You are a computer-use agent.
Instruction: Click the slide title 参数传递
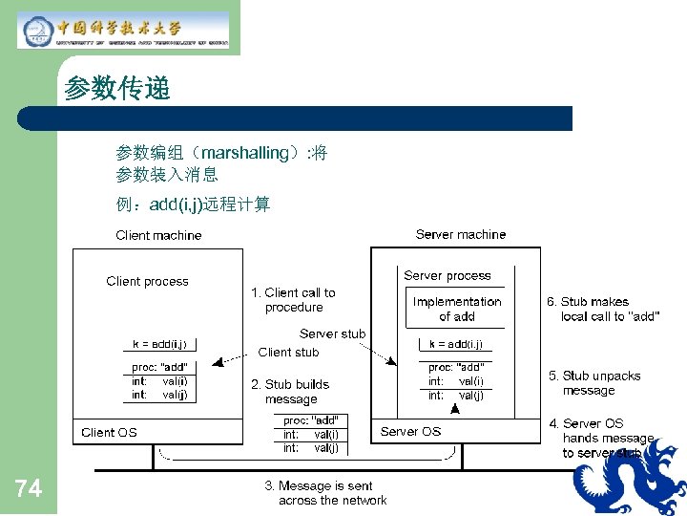coord(116,90)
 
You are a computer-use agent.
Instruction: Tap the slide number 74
coord(29,489)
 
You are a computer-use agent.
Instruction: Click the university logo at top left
coord(123,30)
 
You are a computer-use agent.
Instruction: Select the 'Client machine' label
coord(158,235)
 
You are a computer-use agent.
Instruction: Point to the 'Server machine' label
coord(461,234)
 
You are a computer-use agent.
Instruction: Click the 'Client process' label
coord(147,281)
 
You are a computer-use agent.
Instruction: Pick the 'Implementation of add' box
coord(457,309)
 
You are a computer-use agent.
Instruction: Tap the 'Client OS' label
coord(109,432)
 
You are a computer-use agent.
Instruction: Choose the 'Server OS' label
coord(410,431)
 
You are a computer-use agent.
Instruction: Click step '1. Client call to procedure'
coord(293,300)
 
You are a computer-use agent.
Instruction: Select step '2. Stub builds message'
coord(290,392)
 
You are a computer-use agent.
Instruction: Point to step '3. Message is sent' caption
coord(325,493)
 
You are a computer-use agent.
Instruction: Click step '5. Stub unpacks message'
coord(594,383)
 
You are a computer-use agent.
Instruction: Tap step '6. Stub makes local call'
coord(602,309)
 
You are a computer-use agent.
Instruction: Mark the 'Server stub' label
coord(332,333)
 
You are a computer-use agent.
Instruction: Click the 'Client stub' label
coord(288,352)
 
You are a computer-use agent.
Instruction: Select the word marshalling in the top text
coord(245,153)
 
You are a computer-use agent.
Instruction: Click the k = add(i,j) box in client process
coord(160,344)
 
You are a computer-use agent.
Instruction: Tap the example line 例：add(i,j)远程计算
coord(193,204)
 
